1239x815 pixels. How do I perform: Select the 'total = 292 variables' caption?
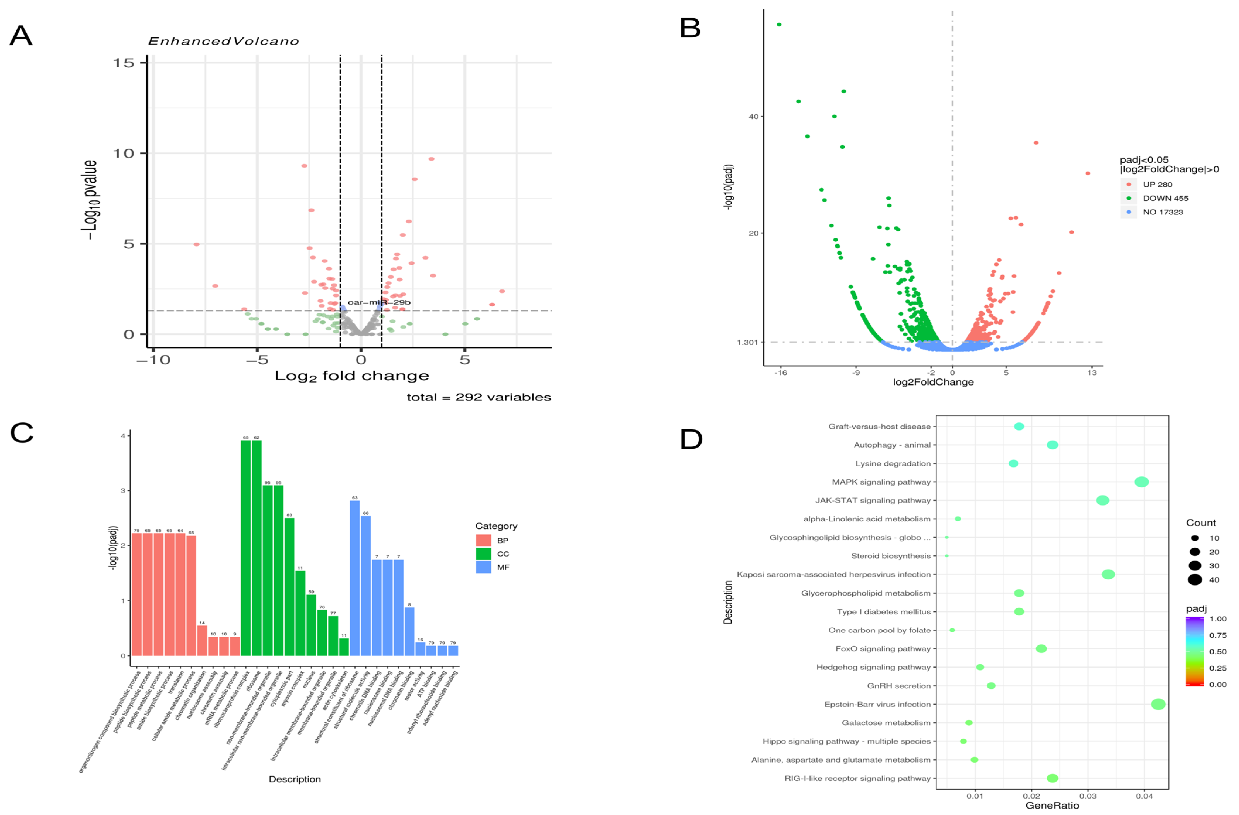478,397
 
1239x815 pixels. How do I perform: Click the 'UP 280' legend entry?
1157,184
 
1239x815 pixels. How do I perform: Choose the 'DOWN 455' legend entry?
1165,198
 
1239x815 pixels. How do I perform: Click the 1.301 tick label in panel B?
747,342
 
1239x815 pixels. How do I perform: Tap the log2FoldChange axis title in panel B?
933,382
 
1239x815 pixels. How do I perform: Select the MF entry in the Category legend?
503,567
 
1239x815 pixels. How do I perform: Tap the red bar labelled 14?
202,640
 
